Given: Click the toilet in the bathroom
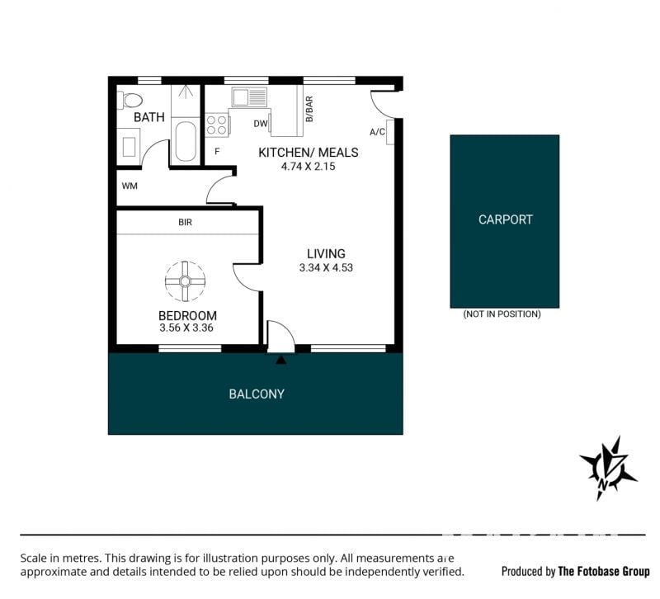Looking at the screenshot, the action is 130,100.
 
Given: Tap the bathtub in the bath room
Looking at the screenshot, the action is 186,141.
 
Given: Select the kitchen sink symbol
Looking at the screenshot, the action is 249,97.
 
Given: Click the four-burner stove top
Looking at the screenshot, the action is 217,125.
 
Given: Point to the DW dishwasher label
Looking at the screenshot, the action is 261,124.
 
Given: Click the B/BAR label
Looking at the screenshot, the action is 309,109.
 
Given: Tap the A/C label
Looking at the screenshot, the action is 377,132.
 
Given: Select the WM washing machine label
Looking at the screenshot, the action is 130,186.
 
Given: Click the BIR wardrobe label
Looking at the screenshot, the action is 185,222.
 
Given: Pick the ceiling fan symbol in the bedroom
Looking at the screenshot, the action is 185,281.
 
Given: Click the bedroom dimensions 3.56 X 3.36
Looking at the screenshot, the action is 186,328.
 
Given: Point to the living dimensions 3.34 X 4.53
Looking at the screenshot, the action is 326,267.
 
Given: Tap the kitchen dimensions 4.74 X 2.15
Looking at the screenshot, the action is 308,167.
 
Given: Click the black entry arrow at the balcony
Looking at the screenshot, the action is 281,360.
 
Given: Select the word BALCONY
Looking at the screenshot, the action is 257,394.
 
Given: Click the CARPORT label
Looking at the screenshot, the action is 506,219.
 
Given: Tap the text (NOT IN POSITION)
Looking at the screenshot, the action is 502,314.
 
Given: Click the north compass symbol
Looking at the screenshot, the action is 608,468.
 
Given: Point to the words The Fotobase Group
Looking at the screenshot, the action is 604,571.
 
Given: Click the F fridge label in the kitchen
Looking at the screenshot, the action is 217,152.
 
